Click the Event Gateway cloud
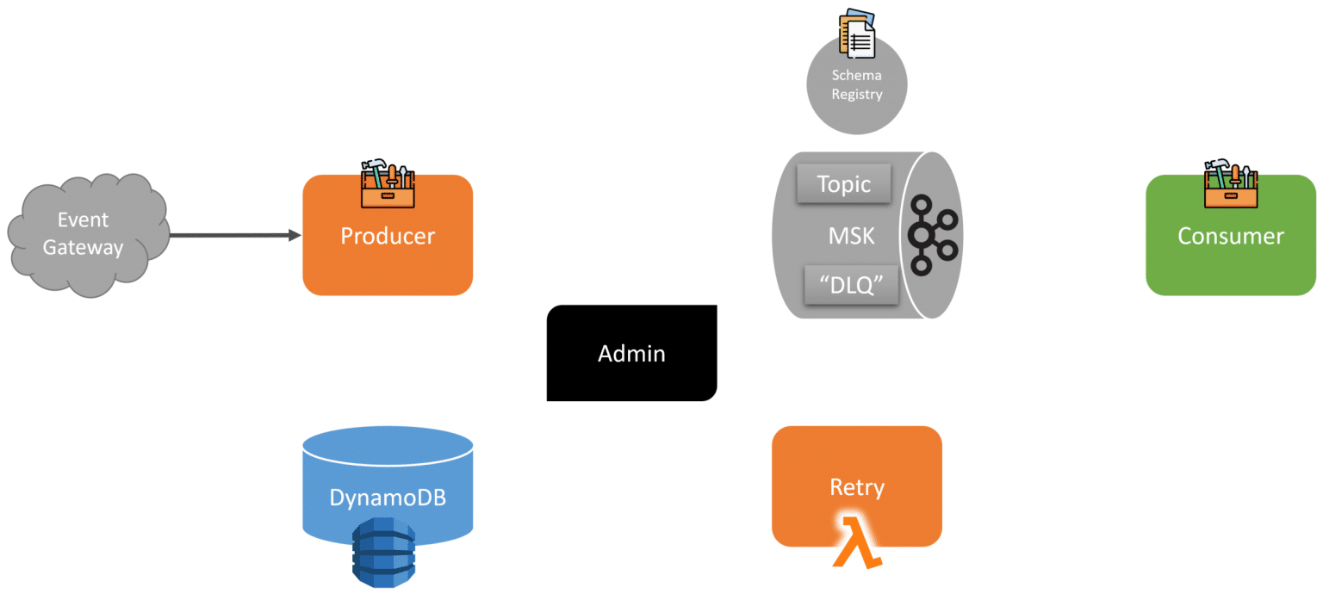[86, 234]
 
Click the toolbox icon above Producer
[388, 182]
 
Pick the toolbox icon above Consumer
[1231, 182]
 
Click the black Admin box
[631, 353]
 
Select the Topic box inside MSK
[843, 184]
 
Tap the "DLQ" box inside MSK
[851, 285]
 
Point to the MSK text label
[851, 235]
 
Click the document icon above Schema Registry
[857, 33]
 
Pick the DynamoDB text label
[388, 497]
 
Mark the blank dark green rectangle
[173, 97]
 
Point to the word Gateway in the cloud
[84, 248]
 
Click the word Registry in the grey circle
[856, 94]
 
